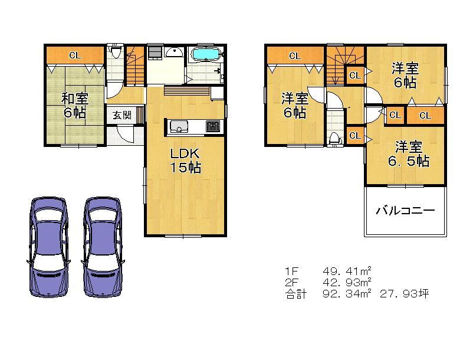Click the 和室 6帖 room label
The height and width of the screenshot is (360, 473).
[x=74, y=105]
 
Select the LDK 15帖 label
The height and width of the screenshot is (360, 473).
[x=185, y=161]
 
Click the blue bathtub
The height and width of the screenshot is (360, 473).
[x=206, y=55]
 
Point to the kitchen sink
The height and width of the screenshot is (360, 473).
[x=178, y=127]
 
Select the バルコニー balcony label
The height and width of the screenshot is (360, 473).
[x=405, y=211]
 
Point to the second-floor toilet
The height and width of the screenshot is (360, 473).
[x=335, y=138]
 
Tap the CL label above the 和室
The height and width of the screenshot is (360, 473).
[x=74, y=56]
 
